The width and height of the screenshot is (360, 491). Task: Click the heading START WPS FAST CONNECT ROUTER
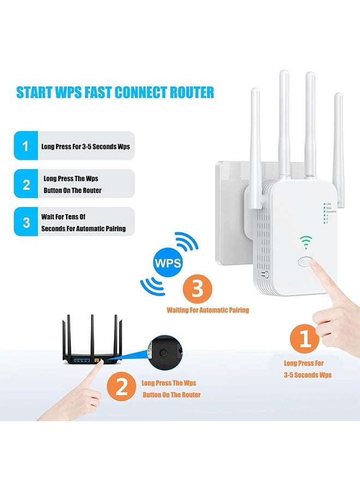tap(115, 92)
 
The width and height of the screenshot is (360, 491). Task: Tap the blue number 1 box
tap(25, 146)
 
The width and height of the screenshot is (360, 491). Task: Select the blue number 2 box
tap(25, 184)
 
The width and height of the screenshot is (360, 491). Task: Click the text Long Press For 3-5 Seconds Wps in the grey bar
tap(85, 147)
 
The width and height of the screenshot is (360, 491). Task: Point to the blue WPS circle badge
tap(168, 262)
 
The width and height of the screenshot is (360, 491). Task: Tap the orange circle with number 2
tap(122, 387)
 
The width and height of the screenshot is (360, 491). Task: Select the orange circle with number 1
tap(306, 339)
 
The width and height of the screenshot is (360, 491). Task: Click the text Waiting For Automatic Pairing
tap(207, 310)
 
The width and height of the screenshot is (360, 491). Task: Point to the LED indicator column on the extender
tap(325, 213)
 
